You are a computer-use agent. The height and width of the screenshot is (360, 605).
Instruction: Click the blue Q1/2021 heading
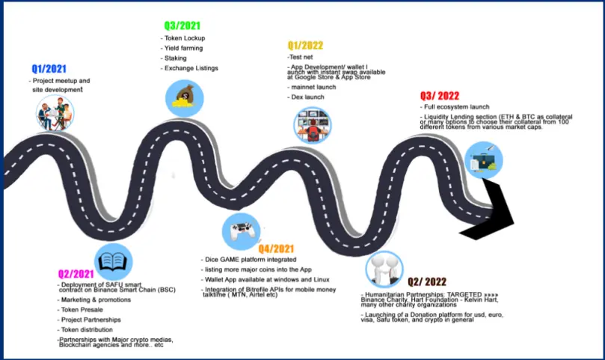[49, 69]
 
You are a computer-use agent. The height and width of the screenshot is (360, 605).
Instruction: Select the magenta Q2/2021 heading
[76, 274]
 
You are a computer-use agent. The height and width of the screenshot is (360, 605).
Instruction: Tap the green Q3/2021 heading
[182, 26]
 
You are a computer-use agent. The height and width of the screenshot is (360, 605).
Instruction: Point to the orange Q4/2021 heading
[276, 248]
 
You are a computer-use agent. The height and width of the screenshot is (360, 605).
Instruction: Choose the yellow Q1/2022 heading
[305, 46]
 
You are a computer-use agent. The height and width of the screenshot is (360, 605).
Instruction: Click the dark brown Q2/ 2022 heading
[427, 282]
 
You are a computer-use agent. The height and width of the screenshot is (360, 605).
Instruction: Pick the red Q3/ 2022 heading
[440, 96]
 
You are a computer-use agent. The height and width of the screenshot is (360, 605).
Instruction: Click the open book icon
[113, 262]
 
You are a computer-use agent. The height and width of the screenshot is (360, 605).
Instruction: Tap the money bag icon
[185, 98]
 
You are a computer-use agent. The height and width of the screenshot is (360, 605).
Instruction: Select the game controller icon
[241, 231]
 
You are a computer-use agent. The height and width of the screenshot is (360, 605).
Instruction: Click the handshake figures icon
[384, 269]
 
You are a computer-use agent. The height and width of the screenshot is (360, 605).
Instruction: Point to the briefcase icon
[483, 160]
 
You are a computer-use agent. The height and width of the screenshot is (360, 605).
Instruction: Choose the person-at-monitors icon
[312, 125]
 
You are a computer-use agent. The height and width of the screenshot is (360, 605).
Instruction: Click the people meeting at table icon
[55, 114]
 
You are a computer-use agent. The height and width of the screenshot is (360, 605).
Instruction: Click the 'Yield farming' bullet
[182, 49]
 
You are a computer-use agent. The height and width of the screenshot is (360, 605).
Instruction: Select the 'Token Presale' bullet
[80, 310]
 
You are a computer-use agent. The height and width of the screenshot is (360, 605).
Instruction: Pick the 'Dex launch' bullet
[306, 97]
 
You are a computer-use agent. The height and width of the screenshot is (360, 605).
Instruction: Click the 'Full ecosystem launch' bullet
[455, 107]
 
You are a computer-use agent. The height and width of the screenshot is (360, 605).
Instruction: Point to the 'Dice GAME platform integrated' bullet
[249, 260]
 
